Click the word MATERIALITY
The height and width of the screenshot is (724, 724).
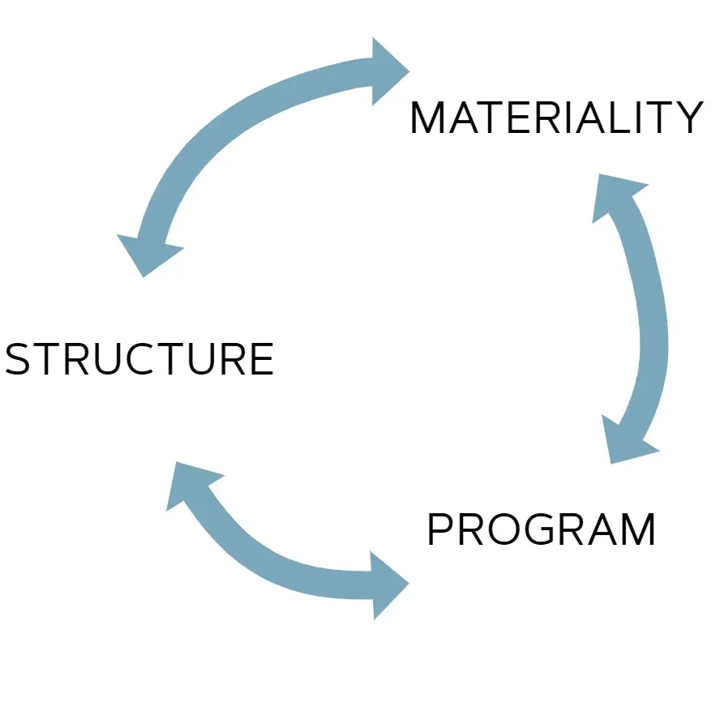(x=557, y=118)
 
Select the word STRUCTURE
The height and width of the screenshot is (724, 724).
(x=139, y=359)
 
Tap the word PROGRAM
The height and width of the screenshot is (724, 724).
(x=541, y=529)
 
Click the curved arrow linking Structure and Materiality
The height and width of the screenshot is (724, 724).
(x=231, y=121)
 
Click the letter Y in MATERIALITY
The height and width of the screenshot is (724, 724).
(x=688, y=118)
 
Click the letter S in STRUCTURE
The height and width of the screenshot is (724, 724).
(x=17, y=359)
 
